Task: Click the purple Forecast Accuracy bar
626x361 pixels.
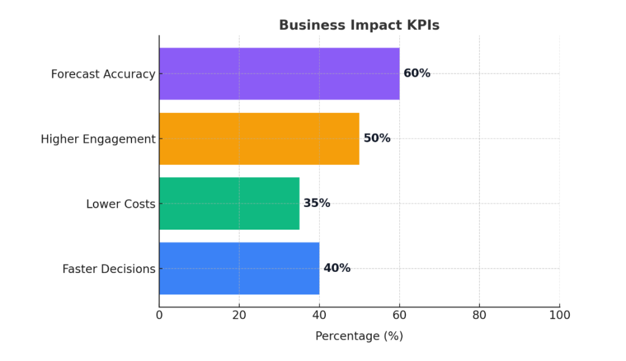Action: [279, 73]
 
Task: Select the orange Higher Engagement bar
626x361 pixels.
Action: [259, 139]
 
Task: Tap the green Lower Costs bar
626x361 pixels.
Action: [229, 203]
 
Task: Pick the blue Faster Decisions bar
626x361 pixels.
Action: [239, 268]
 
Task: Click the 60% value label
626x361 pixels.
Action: [417, 73]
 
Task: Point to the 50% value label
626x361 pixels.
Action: [377, 139]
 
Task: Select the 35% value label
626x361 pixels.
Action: [317, 203]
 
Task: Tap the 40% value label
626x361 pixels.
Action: [337, 268]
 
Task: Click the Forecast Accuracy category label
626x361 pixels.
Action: [103, 74]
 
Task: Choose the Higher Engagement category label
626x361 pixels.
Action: [98, 139]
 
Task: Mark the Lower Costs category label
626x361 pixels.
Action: [120, 204]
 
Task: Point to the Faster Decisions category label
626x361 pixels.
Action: [109, 269]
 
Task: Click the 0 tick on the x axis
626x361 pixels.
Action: [159, 315]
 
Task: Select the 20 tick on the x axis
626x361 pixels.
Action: [239, 315]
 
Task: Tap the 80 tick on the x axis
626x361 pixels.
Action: [479, 315]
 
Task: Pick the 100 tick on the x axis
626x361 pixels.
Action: [559, 315]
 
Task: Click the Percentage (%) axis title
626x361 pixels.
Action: [359, 336]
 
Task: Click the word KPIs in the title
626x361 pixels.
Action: [424, 25]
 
